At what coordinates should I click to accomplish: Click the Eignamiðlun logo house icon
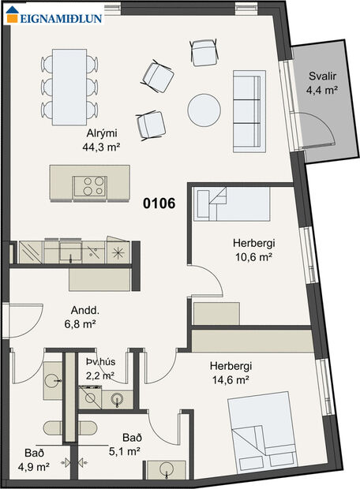click(13, 14)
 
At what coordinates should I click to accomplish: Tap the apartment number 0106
click(159, 203)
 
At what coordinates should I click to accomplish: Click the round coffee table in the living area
click(204, 110)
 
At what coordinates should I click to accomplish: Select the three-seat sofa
click(249, 111)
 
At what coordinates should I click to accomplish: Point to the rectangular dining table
click(69, 87)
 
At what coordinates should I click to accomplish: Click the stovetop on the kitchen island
click(90, 186)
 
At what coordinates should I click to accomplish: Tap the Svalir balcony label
click(323, 76)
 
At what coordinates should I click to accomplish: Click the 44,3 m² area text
click(101, 147)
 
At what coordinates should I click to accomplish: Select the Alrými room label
click(102, 133)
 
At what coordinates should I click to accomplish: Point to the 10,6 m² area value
click(253, 257)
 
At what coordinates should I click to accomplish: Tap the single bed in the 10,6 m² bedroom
click(231, 204)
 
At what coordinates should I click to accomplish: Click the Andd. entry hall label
click(85, 310)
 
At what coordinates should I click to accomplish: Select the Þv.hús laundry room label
click(101, 362)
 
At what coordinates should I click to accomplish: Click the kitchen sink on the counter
click(71, 251)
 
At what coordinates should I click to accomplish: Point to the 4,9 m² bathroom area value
click(33, 467)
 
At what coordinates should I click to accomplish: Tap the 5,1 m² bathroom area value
click(124, 451)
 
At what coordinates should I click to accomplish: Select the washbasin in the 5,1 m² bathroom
click(167, 470)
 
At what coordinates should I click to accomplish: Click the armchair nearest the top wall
click(204, 52)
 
